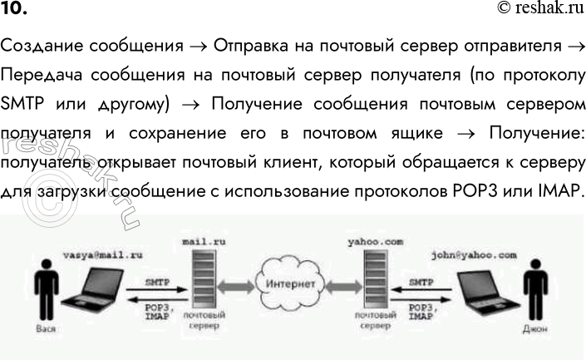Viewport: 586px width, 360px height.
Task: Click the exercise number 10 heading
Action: click(14, 9)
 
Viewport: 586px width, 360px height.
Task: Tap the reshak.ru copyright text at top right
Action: click(539, 9)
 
